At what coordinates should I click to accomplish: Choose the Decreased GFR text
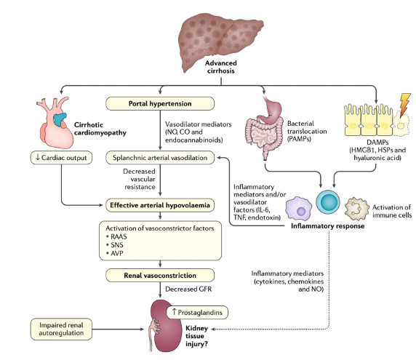point(191,289)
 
